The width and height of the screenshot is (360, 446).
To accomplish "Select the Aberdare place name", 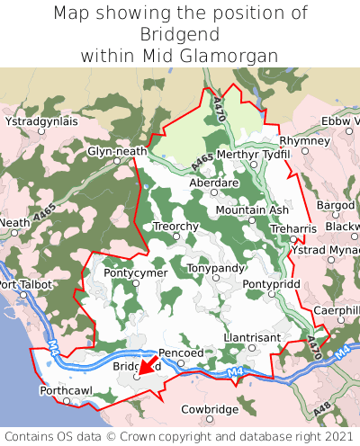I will coord(213,181).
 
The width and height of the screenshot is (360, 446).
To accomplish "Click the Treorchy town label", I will coord(175,226).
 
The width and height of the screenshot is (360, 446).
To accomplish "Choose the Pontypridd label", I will coord(271,283).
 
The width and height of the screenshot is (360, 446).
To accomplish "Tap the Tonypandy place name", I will coord(215,268).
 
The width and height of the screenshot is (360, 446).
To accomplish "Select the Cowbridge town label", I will coord(210,409).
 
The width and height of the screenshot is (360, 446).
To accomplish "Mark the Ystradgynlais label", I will coord(41,120).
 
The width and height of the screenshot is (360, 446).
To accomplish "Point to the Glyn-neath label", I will coord(117,151).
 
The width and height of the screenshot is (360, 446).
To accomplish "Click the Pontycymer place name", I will coord(135,272).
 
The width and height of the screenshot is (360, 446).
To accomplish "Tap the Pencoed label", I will coord(181,353).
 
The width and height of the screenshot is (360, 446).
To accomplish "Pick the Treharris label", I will coord(293,229).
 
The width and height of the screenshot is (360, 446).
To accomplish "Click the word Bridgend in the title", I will coord(179,34).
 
